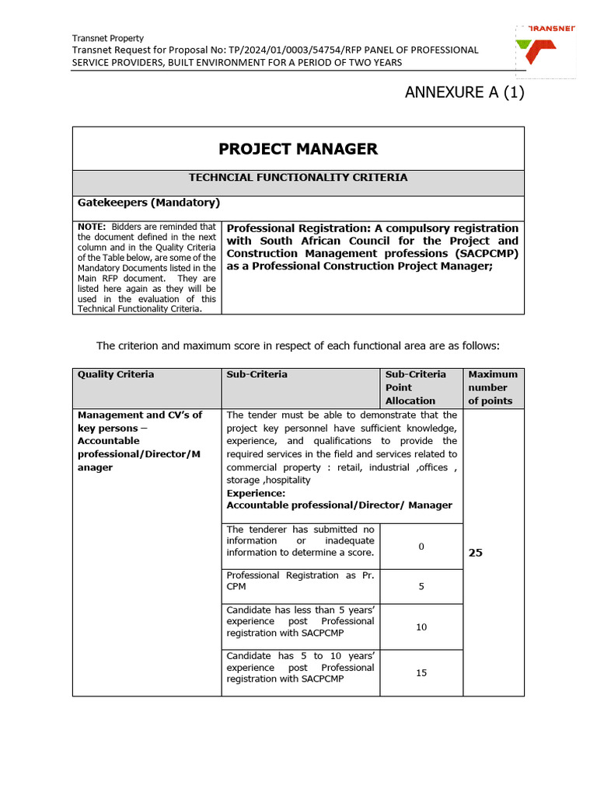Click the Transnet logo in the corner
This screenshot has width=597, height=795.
(x=546, y=50)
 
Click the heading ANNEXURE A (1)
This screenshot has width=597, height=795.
(x=465, y=93)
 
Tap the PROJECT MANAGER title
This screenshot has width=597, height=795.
(x=298, y=149)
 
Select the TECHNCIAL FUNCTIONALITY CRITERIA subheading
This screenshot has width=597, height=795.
(x=298, y=178)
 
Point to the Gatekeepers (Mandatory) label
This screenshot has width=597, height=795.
(x=148, y=203)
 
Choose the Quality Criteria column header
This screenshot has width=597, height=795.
(x=116, y=374)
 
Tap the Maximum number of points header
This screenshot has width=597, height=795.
(x=493, y=387)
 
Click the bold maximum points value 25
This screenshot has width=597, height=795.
(x=476, y=554)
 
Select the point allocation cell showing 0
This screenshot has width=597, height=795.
(x=421, y=547)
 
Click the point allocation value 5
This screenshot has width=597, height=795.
(x=421, y=586)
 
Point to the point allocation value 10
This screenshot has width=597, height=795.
(x=421, y=627)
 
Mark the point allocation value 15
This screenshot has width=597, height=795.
(x=421, y=673)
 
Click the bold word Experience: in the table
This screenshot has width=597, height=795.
(x=256, y=493)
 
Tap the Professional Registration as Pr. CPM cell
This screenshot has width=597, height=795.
(x=299, y=581)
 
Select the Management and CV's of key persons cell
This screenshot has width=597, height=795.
(x=140, y=441)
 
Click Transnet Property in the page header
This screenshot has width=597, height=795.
(x=107, y=38)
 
